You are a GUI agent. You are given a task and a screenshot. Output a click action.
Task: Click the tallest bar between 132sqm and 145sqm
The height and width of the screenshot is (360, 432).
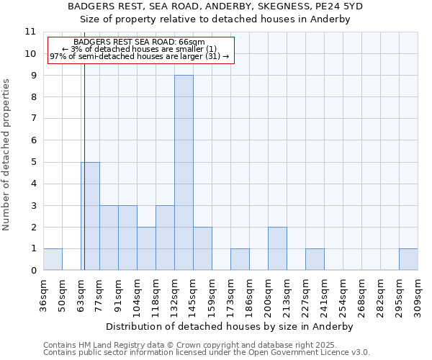pyautogui.click(x=184, y=173)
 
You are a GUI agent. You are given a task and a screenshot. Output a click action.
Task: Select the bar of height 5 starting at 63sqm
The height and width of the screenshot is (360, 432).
pyautogui.click(x=90, y=216)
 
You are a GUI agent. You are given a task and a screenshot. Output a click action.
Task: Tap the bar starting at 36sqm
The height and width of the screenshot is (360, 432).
pyautogui.click(x=53, y=259)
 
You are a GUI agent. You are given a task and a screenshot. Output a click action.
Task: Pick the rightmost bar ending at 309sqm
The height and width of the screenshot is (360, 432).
pyautogui.click(x=408, y=259)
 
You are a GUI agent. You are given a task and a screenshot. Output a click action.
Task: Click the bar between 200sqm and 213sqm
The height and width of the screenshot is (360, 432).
pyautogui.click(x=277, y=248)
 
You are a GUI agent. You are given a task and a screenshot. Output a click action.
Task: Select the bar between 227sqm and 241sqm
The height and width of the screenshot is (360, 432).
pyautogui.click(x=315, y=259)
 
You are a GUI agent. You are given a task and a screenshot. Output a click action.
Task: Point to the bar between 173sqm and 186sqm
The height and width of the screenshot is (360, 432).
pyautogui.click(x=240, y=259)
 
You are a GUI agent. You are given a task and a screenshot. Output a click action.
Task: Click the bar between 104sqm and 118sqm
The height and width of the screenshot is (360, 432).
pyautogui.click(x=146, y=248)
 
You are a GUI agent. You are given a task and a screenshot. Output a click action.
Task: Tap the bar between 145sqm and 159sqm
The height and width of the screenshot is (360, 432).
pyautogui.click(x=202, y=248)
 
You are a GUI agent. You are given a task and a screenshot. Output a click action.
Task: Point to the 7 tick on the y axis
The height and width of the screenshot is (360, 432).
pyautogui.click(x=32, y=119)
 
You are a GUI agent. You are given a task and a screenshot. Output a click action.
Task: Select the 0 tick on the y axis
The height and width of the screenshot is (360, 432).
pyautogui.click(x=32, y=271)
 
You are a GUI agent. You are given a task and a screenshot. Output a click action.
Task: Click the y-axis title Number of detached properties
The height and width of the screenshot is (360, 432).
pyautogui.click(x=7, y=156)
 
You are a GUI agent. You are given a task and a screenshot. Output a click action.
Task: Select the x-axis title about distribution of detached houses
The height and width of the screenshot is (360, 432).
pyautogui.click(x=230, y=326)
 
